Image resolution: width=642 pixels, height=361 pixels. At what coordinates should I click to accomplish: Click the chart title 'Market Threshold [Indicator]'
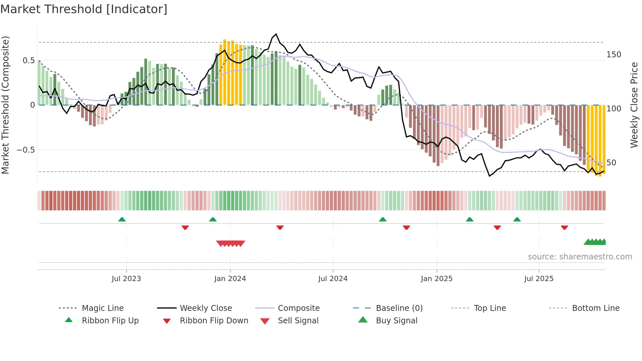click(x=84, y=9)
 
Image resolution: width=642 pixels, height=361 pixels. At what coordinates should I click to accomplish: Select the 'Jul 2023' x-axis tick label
click(x=126, y=279)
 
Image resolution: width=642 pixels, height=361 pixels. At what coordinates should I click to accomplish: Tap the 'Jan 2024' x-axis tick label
click(x=230, y=279)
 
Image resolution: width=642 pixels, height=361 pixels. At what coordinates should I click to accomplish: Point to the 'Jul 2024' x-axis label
click(x=333, y=279)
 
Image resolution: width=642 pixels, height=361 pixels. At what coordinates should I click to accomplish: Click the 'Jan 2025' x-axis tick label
click(x=437, y=279)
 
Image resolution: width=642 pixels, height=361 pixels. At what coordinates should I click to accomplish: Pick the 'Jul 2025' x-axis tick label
click(x=539, y=279)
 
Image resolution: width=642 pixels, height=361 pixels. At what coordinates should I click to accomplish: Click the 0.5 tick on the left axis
click(x=28, y=61)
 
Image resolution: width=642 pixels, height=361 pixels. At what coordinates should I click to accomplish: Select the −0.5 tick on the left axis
click(x=26, y=150)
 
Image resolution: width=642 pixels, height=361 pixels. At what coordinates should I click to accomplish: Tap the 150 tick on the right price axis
click(x=614, y=55)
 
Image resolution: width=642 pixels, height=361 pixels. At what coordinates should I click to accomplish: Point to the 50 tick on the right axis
click(x=611, y=163)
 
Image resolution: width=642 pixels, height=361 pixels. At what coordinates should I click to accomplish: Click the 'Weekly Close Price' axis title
click(x=634, y=105)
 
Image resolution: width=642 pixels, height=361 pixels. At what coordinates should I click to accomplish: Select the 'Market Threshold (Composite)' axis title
click(x=5, y=105)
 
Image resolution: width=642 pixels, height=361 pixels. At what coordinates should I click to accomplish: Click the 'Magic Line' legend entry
click(x=103, y=308)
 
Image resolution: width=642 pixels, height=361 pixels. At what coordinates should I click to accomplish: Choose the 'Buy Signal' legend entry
click(x=396, y=321)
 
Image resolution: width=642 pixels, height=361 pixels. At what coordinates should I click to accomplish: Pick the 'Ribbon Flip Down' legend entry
click(x=214, y=321)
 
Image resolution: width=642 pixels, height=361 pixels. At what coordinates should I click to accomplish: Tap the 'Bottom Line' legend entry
click(x=595, y=308)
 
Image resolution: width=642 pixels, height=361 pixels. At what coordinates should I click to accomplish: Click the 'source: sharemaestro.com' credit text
click(x=580, y=257)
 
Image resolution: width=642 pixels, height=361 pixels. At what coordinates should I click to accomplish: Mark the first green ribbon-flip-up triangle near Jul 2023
click(x=122, y=219)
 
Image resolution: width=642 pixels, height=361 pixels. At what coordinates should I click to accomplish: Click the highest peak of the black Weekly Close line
click(x=276, y=34)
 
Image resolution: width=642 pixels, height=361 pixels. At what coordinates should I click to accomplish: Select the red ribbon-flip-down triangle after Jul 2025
click(x=564, y=227)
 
